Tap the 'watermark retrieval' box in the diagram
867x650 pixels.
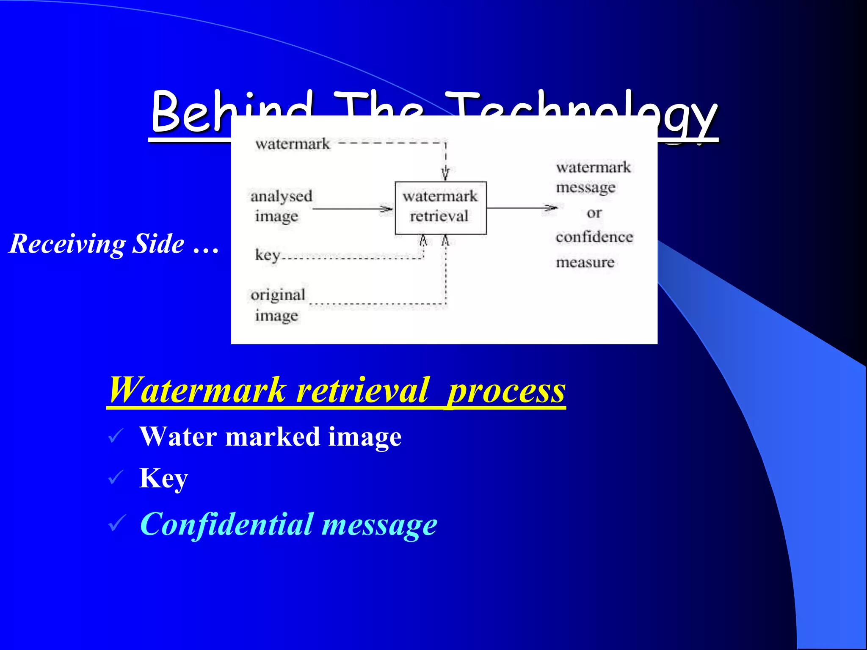tap(440, 207)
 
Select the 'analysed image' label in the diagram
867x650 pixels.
tap(281, 206)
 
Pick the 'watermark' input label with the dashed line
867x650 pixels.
tap(293, 144)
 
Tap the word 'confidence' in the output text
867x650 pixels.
tap(594, 237)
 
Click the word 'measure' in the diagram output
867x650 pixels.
tap(585, 262)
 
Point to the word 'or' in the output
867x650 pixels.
tap(594, 212)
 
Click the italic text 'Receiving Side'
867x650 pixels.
tap(97, 244)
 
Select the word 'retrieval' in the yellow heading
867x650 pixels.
tap(362, 390)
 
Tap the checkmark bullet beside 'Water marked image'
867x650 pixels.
tap(116, 436)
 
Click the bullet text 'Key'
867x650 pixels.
tap(163, 478)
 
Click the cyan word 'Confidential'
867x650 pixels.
tap(226, 524)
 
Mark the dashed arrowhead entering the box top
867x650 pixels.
tap(445, 174)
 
